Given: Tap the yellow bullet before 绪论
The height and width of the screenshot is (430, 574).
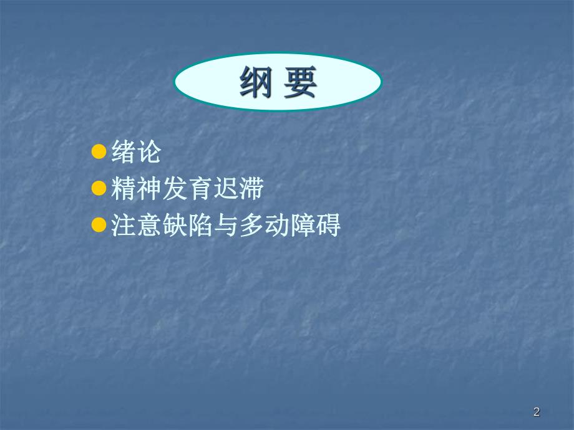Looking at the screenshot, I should coord(99,151).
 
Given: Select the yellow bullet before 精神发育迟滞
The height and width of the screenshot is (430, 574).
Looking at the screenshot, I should coord(99,188).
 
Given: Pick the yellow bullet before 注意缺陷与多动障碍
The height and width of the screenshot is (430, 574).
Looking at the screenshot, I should coord(99,225).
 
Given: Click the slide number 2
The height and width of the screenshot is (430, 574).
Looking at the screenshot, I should coord(537,411).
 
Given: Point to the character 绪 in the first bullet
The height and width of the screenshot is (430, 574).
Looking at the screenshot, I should coord(124,152).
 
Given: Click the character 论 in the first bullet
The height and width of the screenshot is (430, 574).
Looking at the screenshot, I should coord(149,152).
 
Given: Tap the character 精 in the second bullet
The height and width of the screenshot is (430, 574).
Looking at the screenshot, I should coord(124,189).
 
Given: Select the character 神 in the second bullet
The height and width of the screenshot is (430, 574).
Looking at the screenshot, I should coord(149,189).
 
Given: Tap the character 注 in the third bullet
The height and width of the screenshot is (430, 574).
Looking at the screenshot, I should coord(124,226).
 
